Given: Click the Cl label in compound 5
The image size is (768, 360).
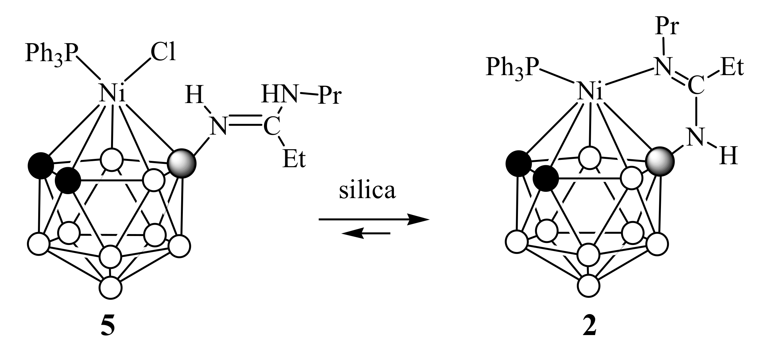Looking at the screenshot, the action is click(x=163, y=53).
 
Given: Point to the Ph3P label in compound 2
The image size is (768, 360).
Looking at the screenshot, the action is click(x=512, y=68).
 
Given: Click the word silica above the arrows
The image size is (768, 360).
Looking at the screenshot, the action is click(x=367, y=191).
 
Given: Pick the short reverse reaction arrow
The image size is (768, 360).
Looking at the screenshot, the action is click(x=366, y=234).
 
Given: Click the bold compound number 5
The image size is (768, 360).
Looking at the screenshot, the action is click(x=108, y=327).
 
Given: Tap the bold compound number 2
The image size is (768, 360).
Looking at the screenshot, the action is click(x=589, y=327).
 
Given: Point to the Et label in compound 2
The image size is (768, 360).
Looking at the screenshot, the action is click(x=732, y=68).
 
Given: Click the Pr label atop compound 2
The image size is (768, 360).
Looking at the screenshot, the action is click(x=666, y=27).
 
